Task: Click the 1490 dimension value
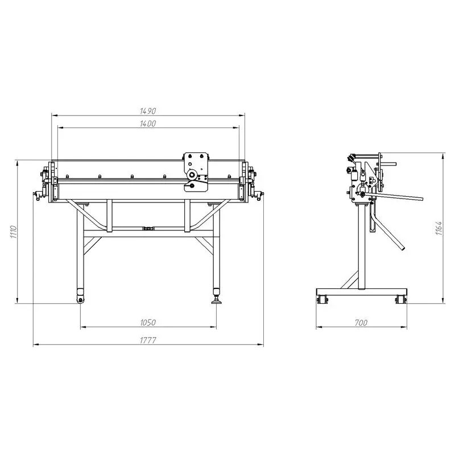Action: point(148,111)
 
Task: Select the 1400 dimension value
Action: point(148,123)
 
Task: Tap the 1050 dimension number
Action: point(148,322)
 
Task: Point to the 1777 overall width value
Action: point(148,340)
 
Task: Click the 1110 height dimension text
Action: point(14,231)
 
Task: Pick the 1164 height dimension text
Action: point(439,228)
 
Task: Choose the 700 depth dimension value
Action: point(361,322)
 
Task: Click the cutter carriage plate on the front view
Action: point(196,172)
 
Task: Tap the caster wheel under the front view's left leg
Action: point(80,300)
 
